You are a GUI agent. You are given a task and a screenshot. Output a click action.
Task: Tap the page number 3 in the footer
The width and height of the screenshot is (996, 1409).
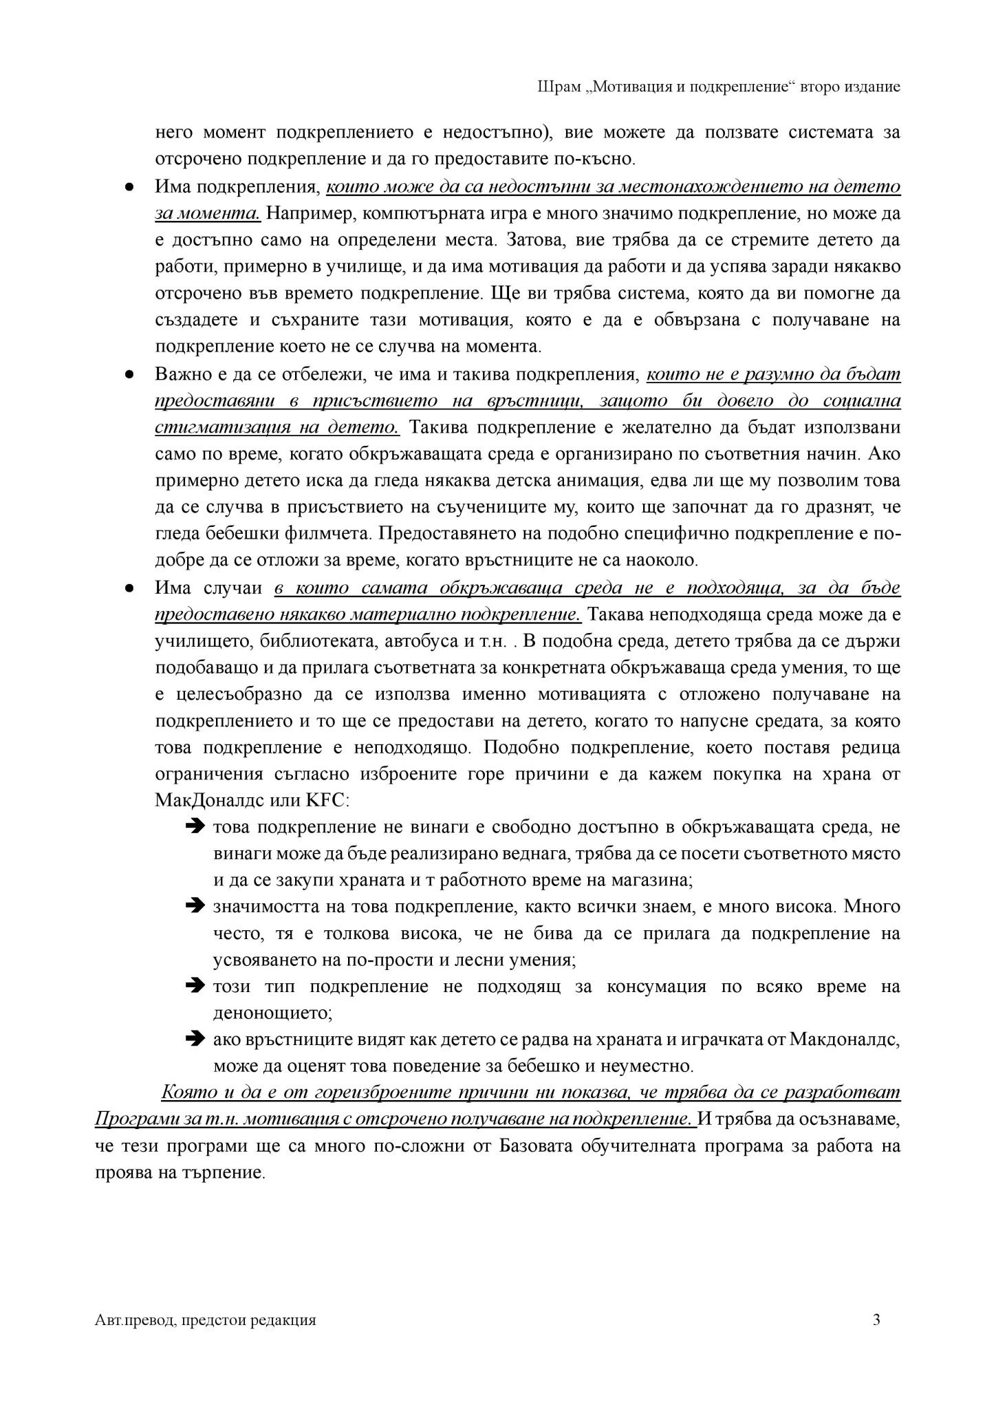tap(876, 1320)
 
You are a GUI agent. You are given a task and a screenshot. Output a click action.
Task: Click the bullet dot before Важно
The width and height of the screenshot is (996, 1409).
tap(129, 375)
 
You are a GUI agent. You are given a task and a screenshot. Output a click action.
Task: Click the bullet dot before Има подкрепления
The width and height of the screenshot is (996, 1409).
tap(129, 188)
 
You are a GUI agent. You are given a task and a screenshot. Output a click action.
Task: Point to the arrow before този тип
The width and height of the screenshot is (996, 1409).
tap(195, 987)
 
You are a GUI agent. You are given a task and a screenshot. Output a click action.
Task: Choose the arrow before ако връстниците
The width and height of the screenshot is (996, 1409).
tap(195, 1040)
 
